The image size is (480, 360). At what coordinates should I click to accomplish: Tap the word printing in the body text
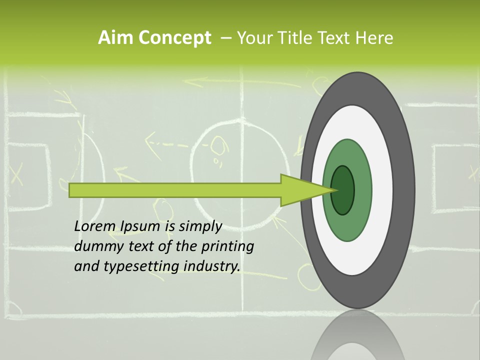coord(227,247)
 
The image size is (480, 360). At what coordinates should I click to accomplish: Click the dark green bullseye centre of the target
coord(343,190)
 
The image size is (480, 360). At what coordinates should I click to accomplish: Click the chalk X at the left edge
coord(16,173)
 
